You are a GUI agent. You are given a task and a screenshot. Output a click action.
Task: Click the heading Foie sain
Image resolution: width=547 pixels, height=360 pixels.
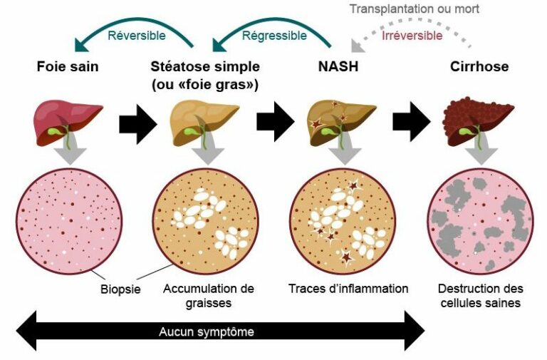pyautogui.click(x=68, y=67)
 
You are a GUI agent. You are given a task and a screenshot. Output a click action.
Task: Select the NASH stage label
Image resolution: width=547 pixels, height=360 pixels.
pyautogui.click(x=338, y=67)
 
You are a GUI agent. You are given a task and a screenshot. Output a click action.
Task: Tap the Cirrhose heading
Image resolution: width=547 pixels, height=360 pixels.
pyautogui.click(x=479, y=67)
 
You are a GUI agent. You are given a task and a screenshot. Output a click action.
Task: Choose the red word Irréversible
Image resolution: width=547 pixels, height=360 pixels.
pyautogui.click(x=412, y=35)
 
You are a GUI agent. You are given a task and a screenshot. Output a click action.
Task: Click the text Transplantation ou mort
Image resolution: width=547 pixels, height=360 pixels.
pyautogui.click(x=415, y=9)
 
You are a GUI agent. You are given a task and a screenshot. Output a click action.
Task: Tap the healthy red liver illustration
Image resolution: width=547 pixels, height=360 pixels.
pyautogui.click(x=68, y=118)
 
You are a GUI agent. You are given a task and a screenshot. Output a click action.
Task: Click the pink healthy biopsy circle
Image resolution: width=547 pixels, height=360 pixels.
pyautogui.click(x=68, y=221)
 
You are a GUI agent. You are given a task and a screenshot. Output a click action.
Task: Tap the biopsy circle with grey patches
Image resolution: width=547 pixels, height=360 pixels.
pyautogui.click(x=479, y=221)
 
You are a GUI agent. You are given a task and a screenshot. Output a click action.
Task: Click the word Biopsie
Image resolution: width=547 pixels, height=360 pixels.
pyautogui.click(x=120, y=289)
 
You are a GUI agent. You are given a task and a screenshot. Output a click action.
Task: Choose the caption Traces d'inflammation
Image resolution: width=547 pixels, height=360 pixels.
pyautogui.click(x=348, y=289)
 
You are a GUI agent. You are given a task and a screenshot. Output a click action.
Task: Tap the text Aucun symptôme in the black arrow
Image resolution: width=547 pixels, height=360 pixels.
pyautogui.click(x=206, y=332)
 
